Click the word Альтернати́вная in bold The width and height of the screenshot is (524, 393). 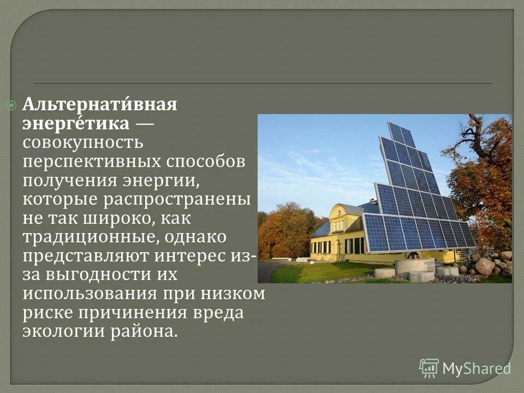[x=100, y=105]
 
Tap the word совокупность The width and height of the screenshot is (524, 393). [x=83, y=143]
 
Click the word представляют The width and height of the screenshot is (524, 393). [x=87, y=257]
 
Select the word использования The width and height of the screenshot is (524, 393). [x=91, y=295]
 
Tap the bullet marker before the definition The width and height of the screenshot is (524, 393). [x=12, y=105]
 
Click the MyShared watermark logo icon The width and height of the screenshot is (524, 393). [x=428, y=368]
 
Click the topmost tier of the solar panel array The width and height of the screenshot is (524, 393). [x=401, y=133]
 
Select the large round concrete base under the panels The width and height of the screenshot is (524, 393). [x=414, y=266]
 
